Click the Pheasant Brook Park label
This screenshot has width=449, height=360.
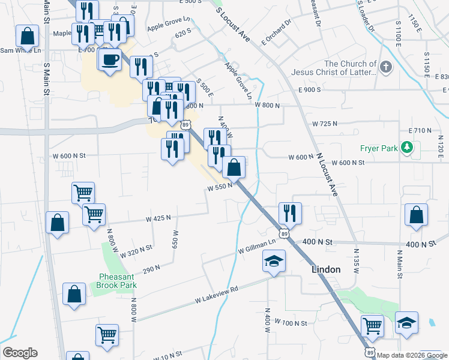pyautogui.click(x=116, y=281)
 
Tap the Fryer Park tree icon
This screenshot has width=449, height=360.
pyautogui.click(x=408, y=147)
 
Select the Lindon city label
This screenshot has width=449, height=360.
pyautogui.click(x=326, y=270)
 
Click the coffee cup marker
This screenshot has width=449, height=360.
pyautogui.click(x=110, y=60)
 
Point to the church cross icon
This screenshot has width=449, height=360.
pyautogui.click(x=385, y=67)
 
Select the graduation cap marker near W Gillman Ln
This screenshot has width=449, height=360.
pyautogui.click(x=274, y=261)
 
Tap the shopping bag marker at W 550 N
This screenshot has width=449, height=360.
pyautogui.click(x=234, y=167)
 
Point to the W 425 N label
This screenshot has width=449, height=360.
pyautogui.click(x=158, y=218)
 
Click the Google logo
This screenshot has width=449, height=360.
pyautogui.click(x=20, y=353)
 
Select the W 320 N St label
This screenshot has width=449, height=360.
pyautogui.click(x=136, y=251)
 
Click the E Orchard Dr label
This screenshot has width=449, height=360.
pyautogui.click(x=276, y=32)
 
